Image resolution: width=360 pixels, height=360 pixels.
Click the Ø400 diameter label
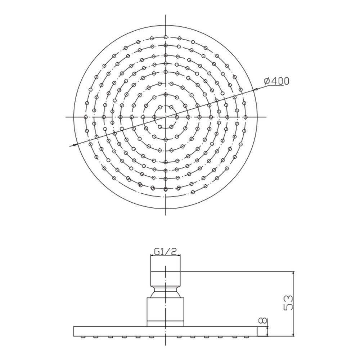click(276, 81)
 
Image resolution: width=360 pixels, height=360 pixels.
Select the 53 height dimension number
click(289, 303)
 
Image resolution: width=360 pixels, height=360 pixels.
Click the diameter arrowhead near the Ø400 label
click(255, 90)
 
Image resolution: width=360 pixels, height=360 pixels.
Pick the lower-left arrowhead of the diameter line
click(75, 145)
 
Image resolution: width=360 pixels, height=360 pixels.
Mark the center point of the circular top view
click(166, 117)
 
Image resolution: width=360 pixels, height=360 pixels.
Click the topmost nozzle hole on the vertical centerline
click(166, 37)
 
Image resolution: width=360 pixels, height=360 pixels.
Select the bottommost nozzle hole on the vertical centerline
click(166, 189)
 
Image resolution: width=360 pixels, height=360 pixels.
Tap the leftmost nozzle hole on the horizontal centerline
click(86, 117)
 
